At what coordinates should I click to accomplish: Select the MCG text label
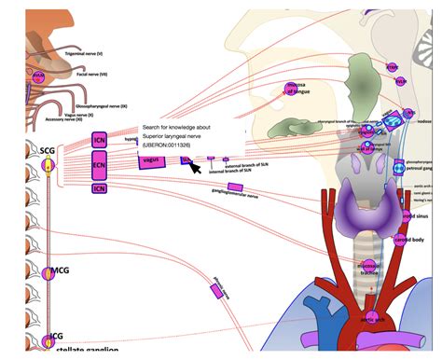point(60,270)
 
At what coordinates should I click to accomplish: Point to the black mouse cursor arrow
point(194,166)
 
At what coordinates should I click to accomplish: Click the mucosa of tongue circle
point(289,89)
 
